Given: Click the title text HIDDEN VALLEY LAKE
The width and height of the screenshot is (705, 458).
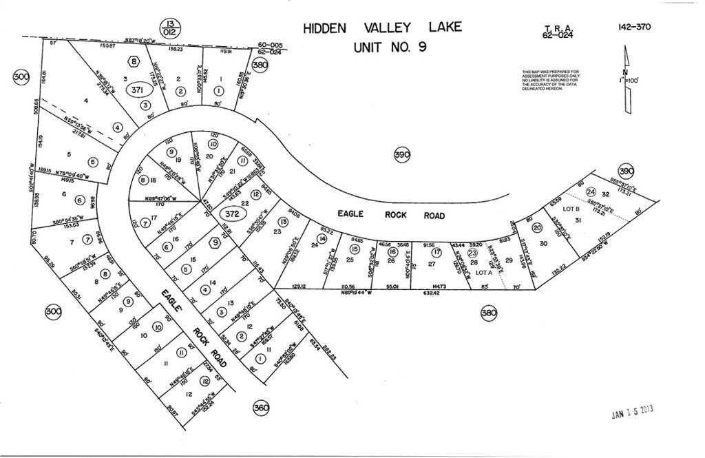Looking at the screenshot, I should pyautogui.click(x=382, y=28).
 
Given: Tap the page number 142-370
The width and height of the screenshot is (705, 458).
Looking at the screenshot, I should pyautogui.click(x=634, y=28).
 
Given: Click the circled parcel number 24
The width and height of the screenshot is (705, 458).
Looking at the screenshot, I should pyautogui.click(x=590, y=192).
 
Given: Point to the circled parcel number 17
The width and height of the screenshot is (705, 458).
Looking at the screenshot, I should pyautogui.click(x=436, y=252).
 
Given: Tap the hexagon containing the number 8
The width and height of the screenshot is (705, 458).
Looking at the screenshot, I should pyautogui.click(x=133, y=61).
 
